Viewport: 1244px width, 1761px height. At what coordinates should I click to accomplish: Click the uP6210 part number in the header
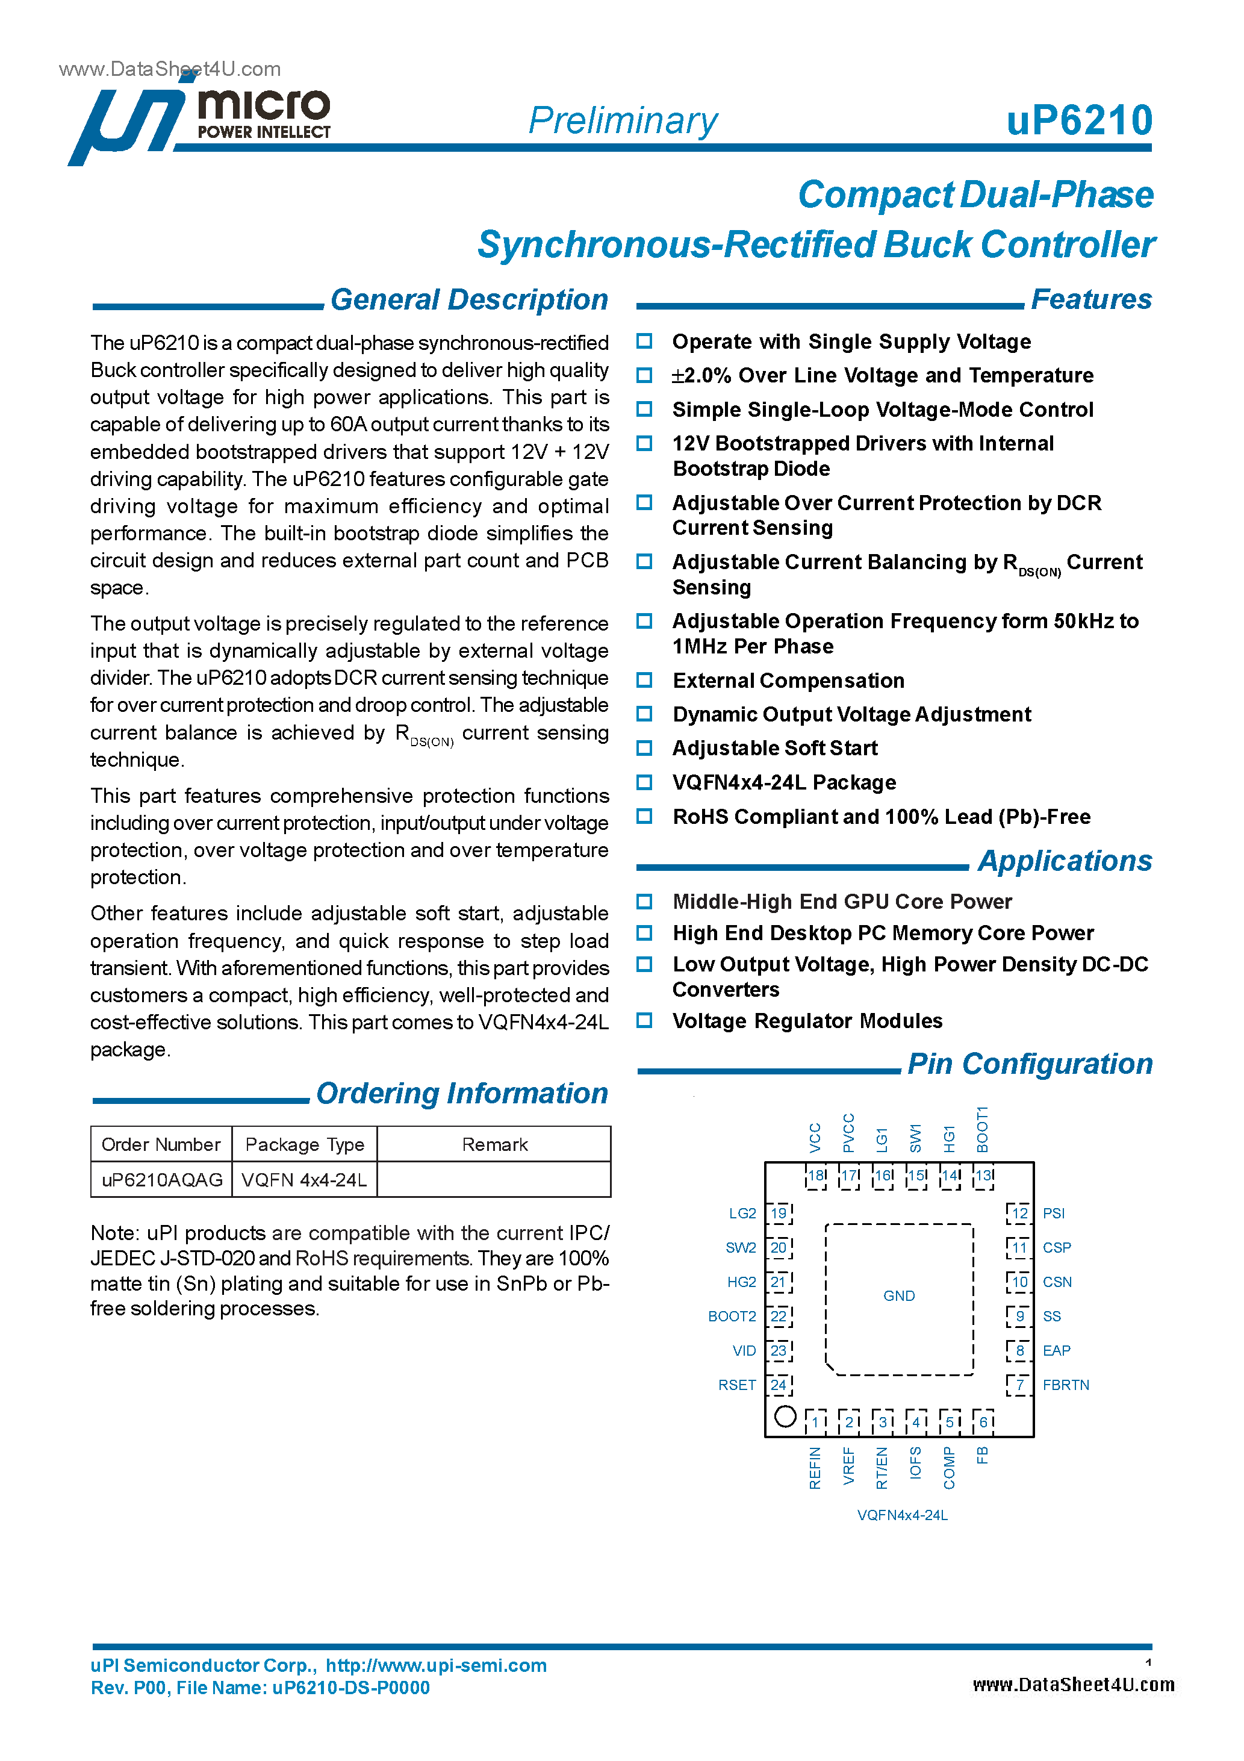(x=1078, y=120)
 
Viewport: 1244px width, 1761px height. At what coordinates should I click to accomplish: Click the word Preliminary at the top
(x=623, y=121)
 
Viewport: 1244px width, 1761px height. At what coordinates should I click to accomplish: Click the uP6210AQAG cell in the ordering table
(x=162, y=1180)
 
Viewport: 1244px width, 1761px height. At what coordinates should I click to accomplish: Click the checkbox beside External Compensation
(x=644, y=681)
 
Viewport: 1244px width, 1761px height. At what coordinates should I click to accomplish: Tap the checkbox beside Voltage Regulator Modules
(x=644, y=1020)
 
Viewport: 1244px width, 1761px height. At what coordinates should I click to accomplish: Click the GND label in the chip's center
(x=899, y=1295)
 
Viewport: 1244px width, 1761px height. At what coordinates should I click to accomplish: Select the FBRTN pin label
(x=1065, y=1385)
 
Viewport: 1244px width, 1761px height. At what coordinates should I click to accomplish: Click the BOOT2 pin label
(x=732, y=1316)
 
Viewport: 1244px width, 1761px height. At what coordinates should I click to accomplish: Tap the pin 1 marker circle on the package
(x=785, y=1416)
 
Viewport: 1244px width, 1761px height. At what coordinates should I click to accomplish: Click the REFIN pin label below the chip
(x=815, y=1468)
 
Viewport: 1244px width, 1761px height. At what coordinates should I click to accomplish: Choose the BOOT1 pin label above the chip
(x=983, y=1129)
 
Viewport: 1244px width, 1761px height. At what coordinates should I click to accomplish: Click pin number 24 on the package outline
(x=779, y=1385)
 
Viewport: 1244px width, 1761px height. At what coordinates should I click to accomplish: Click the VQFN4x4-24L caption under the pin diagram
(x=902, y=1515)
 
